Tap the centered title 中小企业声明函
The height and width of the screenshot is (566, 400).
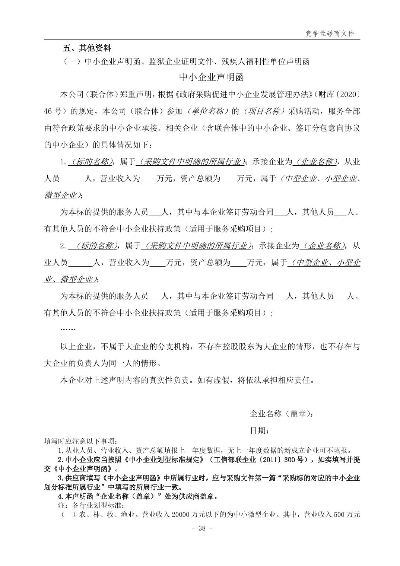[x=211, y=77]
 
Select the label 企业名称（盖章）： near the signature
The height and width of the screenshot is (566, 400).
[x=282, y=413]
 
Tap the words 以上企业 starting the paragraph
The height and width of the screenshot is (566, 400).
[x=76, y=347]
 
